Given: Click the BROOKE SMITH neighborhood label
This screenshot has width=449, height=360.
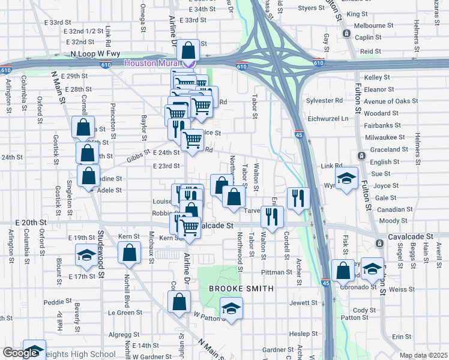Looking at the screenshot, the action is click(241, 289).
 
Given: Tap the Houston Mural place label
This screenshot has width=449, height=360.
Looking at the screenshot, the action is click(153, 64).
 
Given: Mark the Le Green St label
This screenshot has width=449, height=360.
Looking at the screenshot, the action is click(125, 312).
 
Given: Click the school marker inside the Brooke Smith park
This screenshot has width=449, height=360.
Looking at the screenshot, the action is click(231, 308).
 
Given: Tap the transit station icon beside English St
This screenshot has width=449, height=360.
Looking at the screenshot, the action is click(361, 156).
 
